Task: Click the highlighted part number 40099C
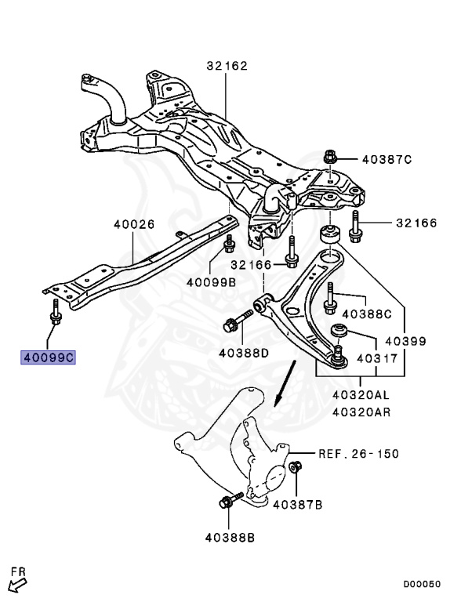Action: pyautogui.click(x=48, y=357)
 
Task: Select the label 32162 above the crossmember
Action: pyautogui.click(x=227, y=66)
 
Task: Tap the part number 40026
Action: pyautogui.click(x=134, y=224)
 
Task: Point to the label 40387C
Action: pyautogui.click(x=387, y=159)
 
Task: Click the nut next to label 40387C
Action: pyautogui.click(x=330, y=156)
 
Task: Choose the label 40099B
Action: pyautogui.click(x=211, y=282)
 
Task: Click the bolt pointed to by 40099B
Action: pyautogui.click(x=229, y=244)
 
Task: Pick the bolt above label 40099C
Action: pyautogui.click(x=56, y=312)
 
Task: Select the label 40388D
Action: pyautogui.click(x=244, y=353)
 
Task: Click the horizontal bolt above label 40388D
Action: pyautogui.click(x=238, y=321)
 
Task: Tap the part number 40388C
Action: pyautogui.click(x=366, y=314)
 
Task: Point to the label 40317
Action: pyautogui.click(x=377, y=358)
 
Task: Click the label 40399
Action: pyautogui.click(x=405, y=341)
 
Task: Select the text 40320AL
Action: pyautogui.click(x=361, y=395)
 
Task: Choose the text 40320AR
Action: pyautogui.click(x=361, y=412)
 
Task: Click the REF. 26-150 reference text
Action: pyautogui.click(x=359, y=454)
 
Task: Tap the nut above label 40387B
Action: pyautogui.click(x=295, y=467)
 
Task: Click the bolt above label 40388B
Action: pyautogui.click(x=230, y=499)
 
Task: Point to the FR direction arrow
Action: pyautogui.click(x=17, y=585)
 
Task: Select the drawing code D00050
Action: pyautogui.click(x=422, y=584)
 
